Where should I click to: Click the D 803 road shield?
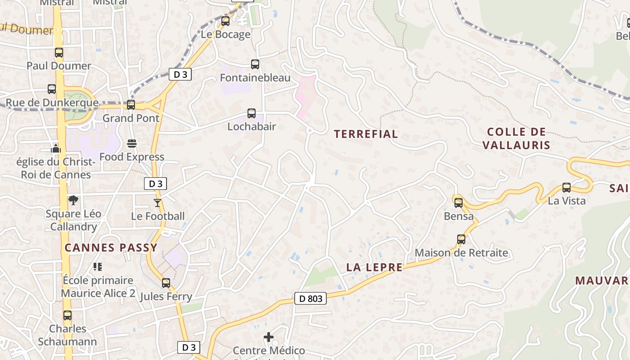coord(310,298)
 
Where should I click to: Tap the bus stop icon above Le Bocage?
coord(225,21)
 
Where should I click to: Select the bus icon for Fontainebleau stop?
coord(255,64)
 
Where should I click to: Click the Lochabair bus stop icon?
coord(252,113)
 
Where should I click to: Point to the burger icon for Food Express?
coord(132,144)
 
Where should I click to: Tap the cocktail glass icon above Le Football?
coord(157,203)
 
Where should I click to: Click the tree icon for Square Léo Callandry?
coord(73,200)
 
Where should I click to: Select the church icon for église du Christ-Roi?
coord(56,148)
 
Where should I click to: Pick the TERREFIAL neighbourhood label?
coord(366,134)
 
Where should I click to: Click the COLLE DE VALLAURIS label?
coord(517,138)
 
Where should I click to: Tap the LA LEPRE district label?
coord(374,267)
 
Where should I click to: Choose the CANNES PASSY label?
coord(111,247)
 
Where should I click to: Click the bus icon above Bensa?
coord(459,203)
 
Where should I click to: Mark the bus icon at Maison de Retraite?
coord(461,239)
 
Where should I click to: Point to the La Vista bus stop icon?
coord(567,188)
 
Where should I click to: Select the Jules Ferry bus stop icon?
coord(166,283)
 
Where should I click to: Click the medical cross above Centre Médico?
coord(269,337)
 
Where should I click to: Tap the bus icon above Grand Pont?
coord(131,105)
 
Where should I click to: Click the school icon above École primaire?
coord(98,267)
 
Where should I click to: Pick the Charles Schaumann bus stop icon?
coord(67,315)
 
